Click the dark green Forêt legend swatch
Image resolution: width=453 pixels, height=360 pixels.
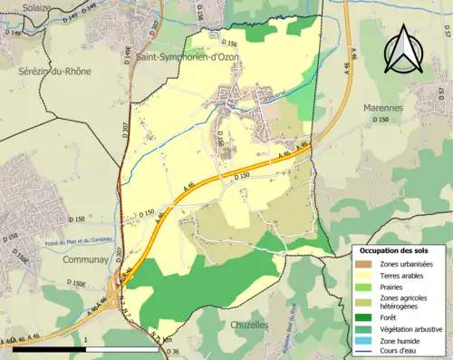pos(369,317)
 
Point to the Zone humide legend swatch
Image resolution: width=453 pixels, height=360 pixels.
pos(369,341)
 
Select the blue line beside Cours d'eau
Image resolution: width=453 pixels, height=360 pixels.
pos(369,353)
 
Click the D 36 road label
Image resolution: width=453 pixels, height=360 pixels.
pos(175,352)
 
